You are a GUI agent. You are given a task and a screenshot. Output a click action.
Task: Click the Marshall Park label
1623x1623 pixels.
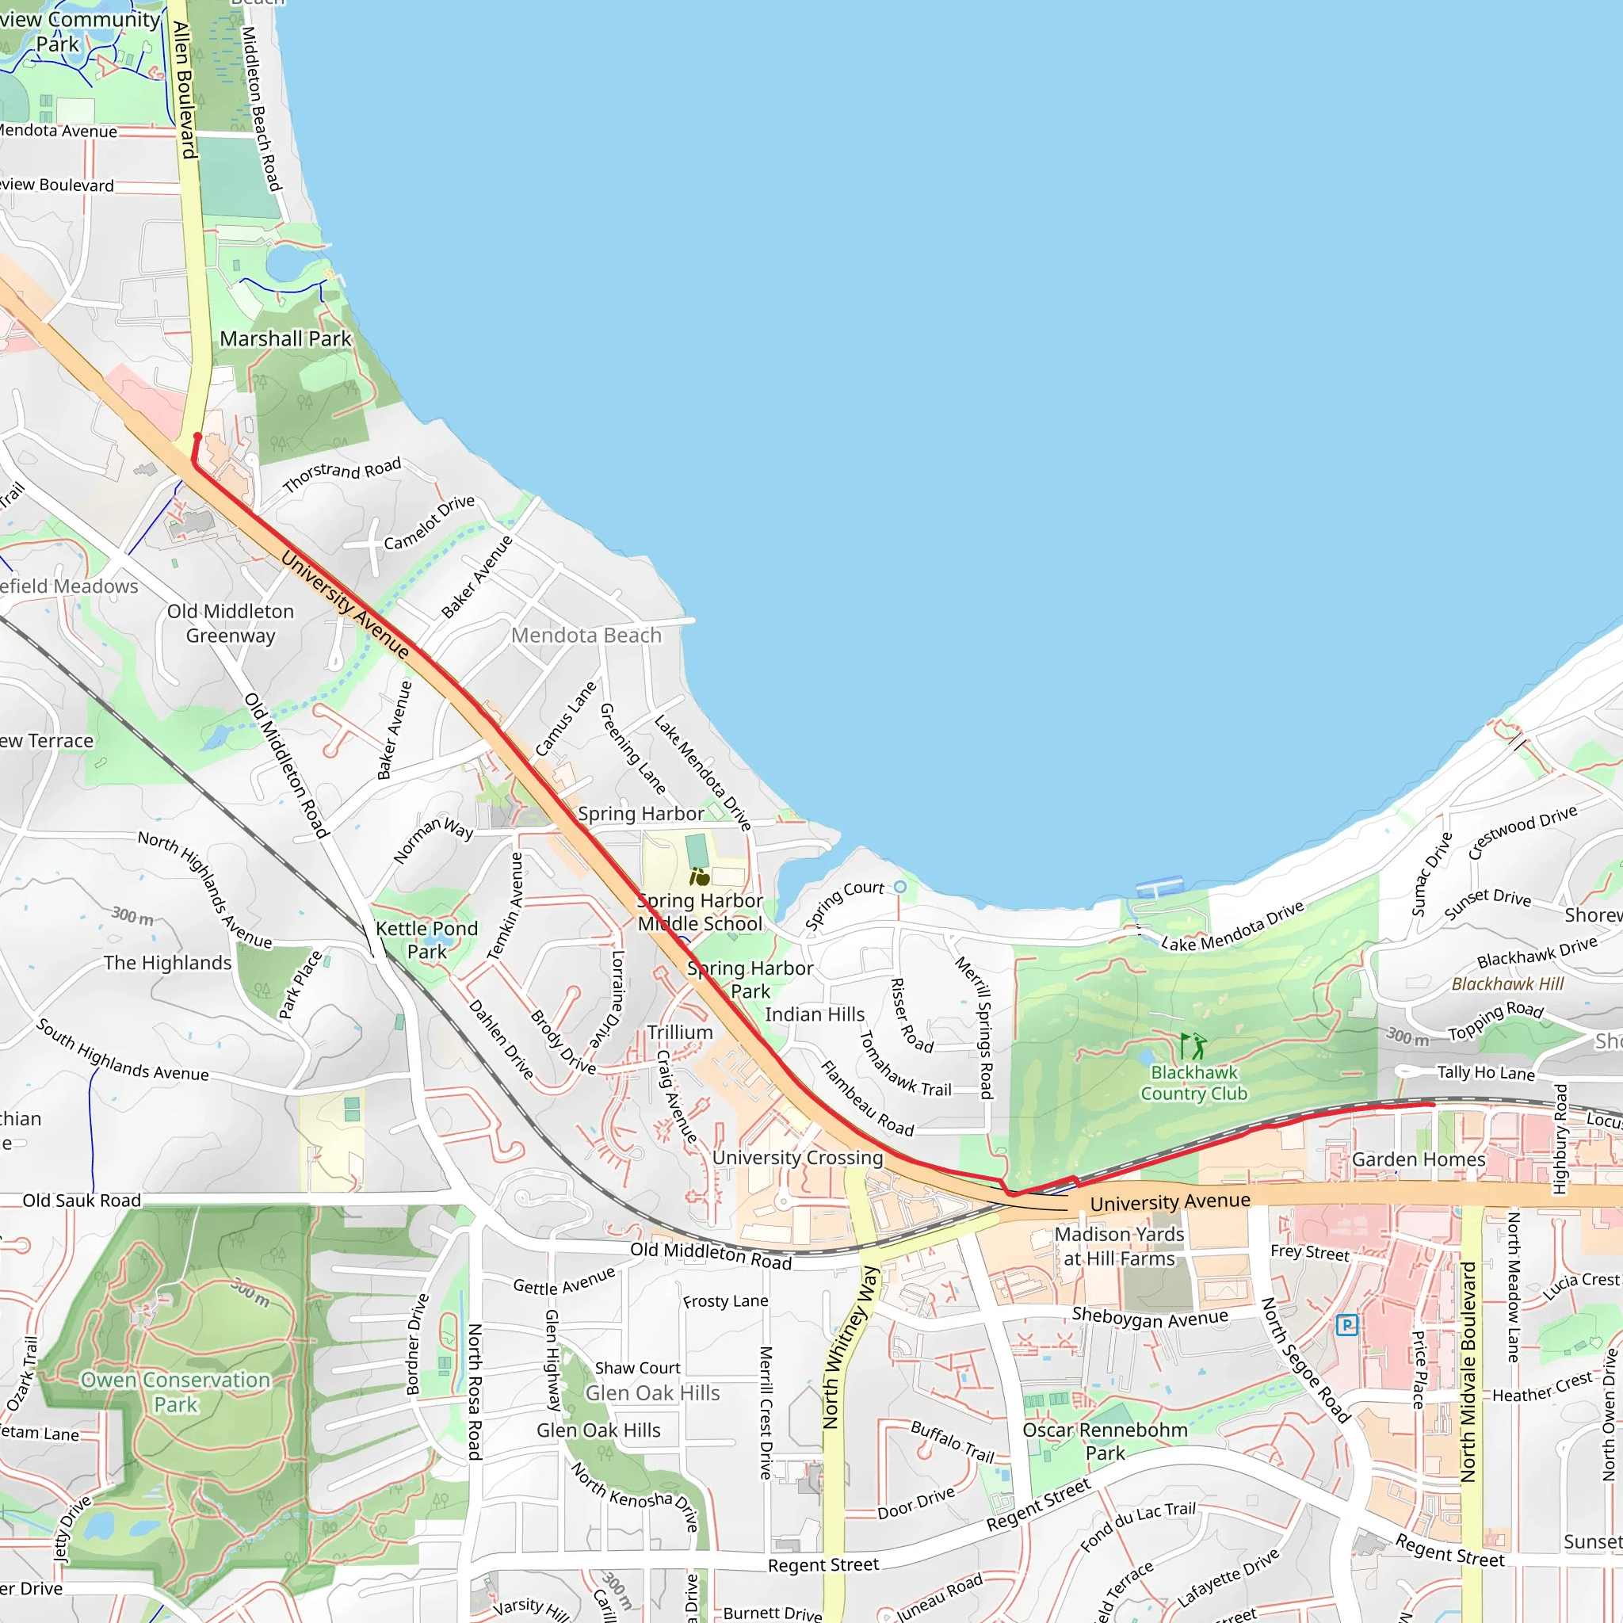285,338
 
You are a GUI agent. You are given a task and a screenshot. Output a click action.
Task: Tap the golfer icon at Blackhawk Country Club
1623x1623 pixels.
1193,1047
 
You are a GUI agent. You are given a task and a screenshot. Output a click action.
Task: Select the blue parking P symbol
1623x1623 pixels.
1346,1326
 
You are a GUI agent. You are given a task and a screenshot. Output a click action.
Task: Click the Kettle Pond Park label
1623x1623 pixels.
427,940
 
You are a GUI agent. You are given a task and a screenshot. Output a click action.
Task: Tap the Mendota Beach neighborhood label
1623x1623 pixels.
586,635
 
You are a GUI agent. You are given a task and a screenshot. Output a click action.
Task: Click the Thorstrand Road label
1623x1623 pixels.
342,475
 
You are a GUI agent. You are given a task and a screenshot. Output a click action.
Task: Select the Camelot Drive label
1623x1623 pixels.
430,522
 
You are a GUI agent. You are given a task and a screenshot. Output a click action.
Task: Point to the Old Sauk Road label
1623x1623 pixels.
82,1201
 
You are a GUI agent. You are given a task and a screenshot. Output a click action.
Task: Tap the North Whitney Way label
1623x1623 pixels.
850,1348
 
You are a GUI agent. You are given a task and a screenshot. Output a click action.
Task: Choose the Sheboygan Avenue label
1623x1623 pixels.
1149,1317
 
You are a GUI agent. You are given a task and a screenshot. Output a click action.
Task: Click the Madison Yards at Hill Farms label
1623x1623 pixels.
1119,1247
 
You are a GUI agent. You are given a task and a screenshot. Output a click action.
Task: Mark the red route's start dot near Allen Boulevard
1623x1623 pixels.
197,436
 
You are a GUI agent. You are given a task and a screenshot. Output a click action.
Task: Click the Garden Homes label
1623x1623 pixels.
1418,1159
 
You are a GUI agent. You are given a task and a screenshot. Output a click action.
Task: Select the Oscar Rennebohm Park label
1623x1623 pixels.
1105,1442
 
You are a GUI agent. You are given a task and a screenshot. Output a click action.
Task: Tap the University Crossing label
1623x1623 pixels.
797,1158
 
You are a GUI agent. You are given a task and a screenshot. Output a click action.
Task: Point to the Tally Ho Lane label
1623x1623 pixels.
1485,1073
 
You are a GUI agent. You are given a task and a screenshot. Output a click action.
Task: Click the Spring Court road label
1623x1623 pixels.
844,905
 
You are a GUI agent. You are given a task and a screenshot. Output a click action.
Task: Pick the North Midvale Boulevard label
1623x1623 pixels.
1468,1371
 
